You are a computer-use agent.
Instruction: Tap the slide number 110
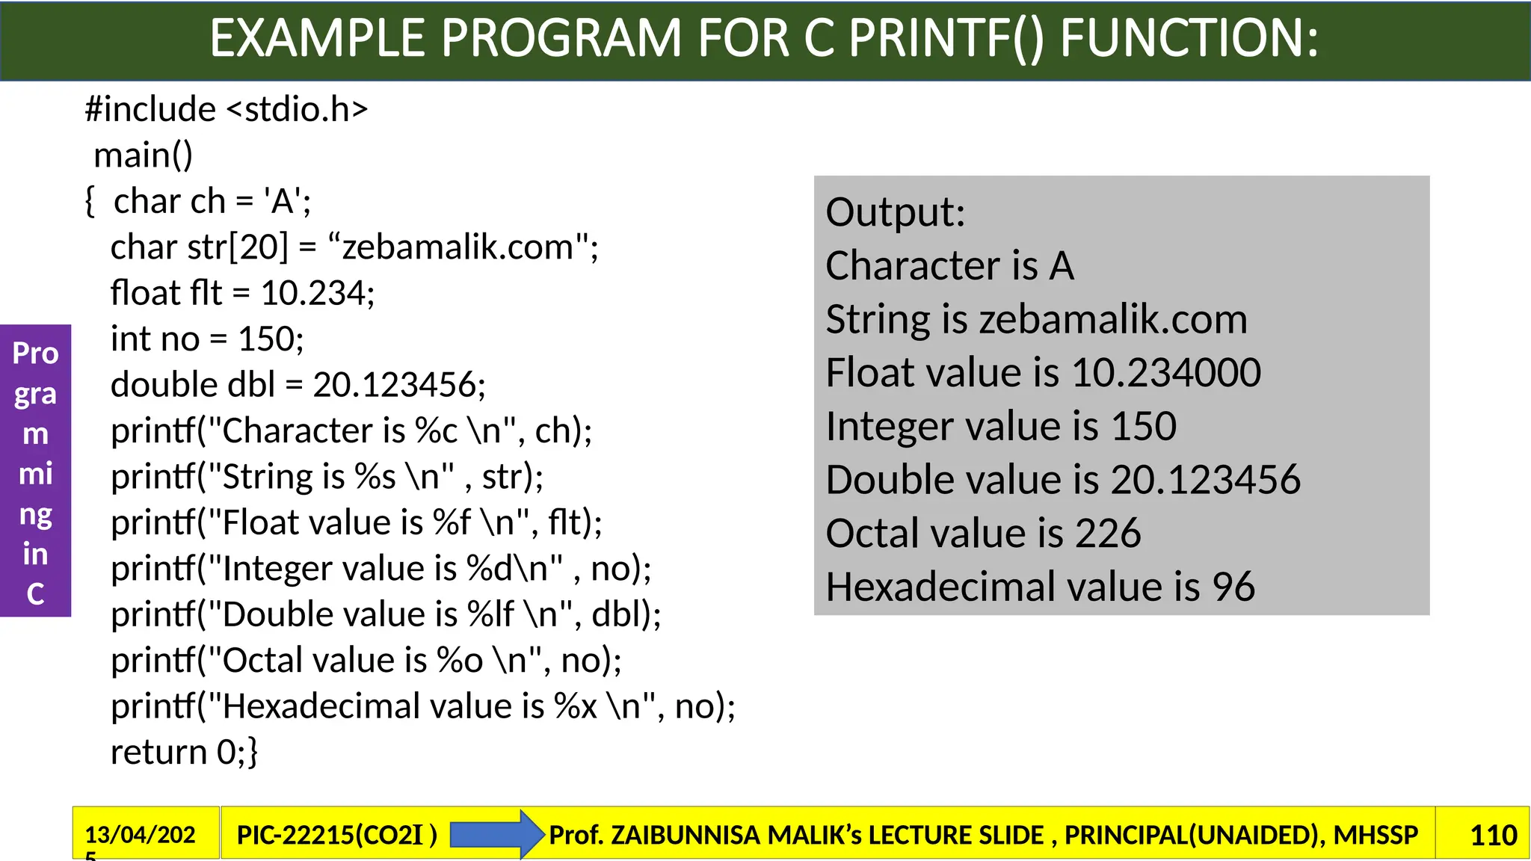(x=1493, y=835)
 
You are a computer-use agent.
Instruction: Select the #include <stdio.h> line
(x=227, y=109)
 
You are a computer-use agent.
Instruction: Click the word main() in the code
(x=143, y=155)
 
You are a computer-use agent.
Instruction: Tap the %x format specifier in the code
(x=575, y=706)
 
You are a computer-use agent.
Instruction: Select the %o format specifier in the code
(x=460, y=661)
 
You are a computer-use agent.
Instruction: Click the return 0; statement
(x=184, y=752)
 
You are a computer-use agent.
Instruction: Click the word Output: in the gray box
(x=896, y=212)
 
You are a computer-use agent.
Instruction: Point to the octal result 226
(x=1108, y=534)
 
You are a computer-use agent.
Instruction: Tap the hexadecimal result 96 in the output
(x=1233, y=587)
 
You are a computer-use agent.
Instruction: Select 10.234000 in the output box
(x=1165, y=372)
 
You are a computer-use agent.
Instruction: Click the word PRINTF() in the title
(x=946, y=38)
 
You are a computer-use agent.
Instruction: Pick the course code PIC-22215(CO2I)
(x=336, y=835)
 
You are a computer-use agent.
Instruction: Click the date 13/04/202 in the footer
(x=140, y=835)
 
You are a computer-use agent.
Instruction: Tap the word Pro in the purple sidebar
(x=35, y=354)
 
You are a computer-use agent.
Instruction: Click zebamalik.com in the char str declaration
(x=457, y=247)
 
